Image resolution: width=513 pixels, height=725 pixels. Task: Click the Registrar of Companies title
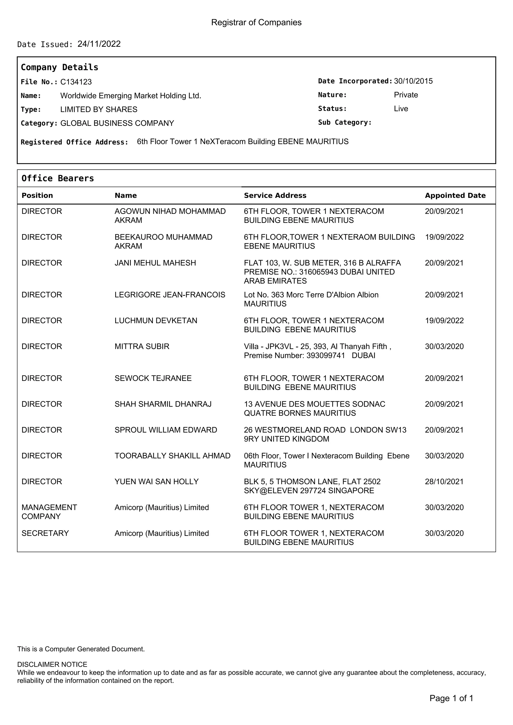pyautogui.click(x=256, y=23)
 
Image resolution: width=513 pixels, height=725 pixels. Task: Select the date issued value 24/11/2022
pyautogui.click(x=99, y=44)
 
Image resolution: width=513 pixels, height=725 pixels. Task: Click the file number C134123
pyautogui.click(x=76, y=82)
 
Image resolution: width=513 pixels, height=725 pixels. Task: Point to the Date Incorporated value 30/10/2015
pyautogui.click(x=413, y=81)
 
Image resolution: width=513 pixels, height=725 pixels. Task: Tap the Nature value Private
pyautogui.click(x=406, y=95)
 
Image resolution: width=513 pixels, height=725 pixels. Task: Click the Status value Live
pyautogui.click(x=401, y=109)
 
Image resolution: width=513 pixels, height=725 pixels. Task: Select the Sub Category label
pyautogui.click(x=344, y=123)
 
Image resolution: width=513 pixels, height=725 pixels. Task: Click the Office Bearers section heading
pyautogui.click(x=58, y=178)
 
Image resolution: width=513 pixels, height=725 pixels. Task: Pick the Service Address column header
pyautogui.click(x=275, y=195)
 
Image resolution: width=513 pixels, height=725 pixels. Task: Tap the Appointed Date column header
pyautogui.click(x=455, y=195)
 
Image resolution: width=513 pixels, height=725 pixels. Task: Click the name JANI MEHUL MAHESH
pyautogui.click(x=155, y=263)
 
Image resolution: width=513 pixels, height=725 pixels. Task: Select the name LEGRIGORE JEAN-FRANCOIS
pyautogui.click(x=170, y=295)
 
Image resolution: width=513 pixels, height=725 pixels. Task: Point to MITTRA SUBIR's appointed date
pyautogui.click(x=444, y=346)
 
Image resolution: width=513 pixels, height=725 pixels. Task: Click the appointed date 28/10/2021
pyautogui.click(x=444, y=482)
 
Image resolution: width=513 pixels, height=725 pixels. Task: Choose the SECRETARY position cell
pyautogui.click(x=45, y=533)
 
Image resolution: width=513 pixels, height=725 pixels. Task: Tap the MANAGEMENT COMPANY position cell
pyautogui.click(x=49, y=512)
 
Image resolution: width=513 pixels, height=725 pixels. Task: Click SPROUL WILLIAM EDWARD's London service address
pyautogui.click(x=325, y=434)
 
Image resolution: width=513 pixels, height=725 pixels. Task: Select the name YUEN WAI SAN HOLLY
pyautogui.click(x=157, y=482)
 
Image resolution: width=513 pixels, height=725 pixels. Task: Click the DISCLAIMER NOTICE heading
pyautogui.click(x=52, y=665)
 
